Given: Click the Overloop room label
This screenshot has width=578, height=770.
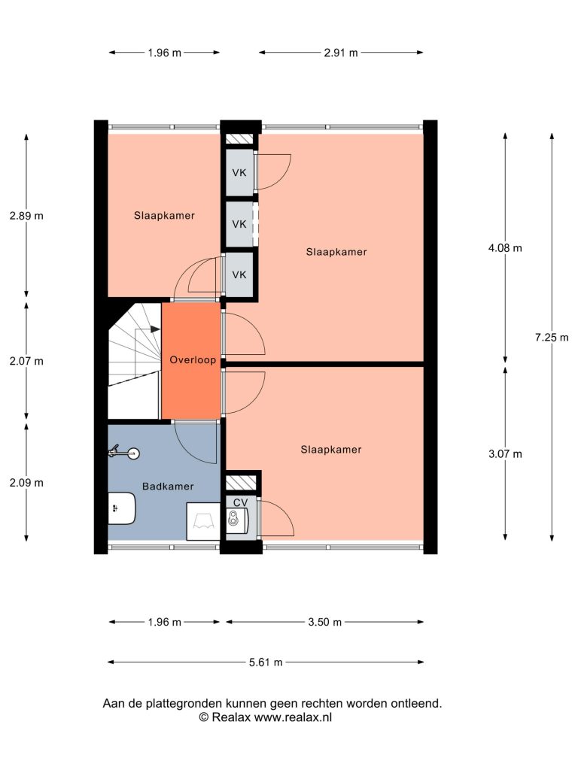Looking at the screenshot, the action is coord(193,360).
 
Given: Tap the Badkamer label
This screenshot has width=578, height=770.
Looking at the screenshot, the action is coord(168,487).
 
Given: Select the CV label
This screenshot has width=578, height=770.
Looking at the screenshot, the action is coord(240,503).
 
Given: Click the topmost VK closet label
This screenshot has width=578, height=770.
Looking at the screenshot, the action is coord(239,173).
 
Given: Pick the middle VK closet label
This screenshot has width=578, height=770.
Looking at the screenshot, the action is coord(239,224).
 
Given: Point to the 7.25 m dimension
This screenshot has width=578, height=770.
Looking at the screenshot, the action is coord(552,338).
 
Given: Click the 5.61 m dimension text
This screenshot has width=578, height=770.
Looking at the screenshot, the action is coord(266,662).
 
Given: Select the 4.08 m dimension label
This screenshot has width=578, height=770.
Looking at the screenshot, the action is coord(505,248).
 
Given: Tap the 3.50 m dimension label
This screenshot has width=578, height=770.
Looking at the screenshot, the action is coord(325,622).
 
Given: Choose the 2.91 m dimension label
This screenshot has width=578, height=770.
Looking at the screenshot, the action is coord(341,53).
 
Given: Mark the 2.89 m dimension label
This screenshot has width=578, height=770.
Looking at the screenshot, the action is coord(26,216).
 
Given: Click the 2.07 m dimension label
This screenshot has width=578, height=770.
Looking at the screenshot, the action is coord(26,361).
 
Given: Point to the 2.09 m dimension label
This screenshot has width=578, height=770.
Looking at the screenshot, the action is coord(26,483).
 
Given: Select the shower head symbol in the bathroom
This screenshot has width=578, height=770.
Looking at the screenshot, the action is coord(124,452).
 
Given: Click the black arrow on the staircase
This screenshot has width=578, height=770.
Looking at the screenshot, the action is coord(155,329).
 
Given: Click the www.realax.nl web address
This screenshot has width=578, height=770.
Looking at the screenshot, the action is coord(293,717).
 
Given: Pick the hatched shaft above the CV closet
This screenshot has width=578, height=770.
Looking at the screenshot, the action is coord(242,482).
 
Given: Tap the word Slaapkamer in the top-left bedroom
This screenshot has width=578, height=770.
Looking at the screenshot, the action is coord(164,216).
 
